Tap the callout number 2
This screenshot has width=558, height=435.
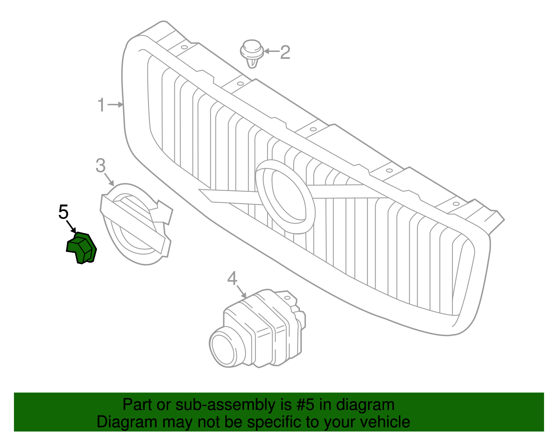[x=285, y=52]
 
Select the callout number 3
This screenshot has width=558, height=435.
[x=100, y=165]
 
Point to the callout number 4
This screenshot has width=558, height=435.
[x=232, y=279]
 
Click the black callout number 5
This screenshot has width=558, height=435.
[x=63, y=212]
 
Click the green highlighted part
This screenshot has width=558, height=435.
[x=82, y=248]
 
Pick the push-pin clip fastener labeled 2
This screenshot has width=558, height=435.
[x=252, y=54]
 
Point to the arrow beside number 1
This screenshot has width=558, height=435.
[x=115, y=104]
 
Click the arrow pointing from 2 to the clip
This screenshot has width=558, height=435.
[x=271, y=51]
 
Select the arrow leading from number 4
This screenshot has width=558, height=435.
[x=241, y=292]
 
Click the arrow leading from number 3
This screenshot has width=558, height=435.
[x=109, y=179]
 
